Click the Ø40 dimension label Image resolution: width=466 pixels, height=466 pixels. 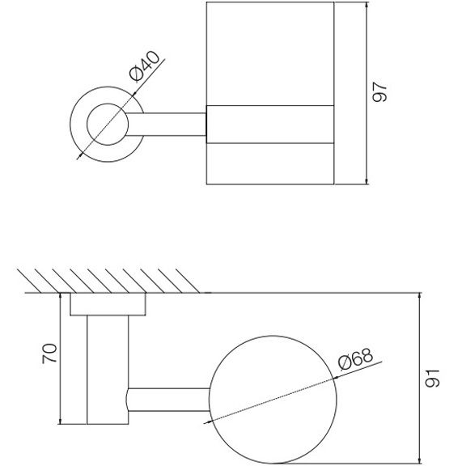[x=145, y=66]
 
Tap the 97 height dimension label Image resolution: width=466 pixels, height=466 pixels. [x=379, y=92]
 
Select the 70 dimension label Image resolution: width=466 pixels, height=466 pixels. [x=49, y=354]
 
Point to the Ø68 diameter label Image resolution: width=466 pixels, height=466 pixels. [x=356, y=359]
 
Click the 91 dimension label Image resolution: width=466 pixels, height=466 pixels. [x=432, y=379]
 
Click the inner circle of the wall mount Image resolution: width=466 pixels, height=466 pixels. [x=108, y=125]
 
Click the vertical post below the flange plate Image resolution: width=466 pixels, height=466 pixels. [x=108, y=370]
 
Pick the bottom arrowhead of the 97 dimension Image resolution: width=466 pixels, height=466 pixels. [x=366, y=180]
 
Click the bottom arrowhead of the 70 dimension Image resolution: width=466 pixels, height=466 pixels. [x=61, y=421]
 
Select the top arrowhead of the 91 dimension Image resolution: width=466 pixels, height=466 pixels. [x=420, y=297]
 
